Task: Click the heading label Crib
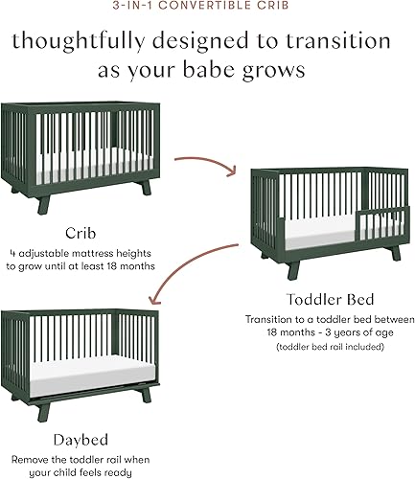point(80,233)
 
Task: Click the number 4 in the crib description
point(29,254)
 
